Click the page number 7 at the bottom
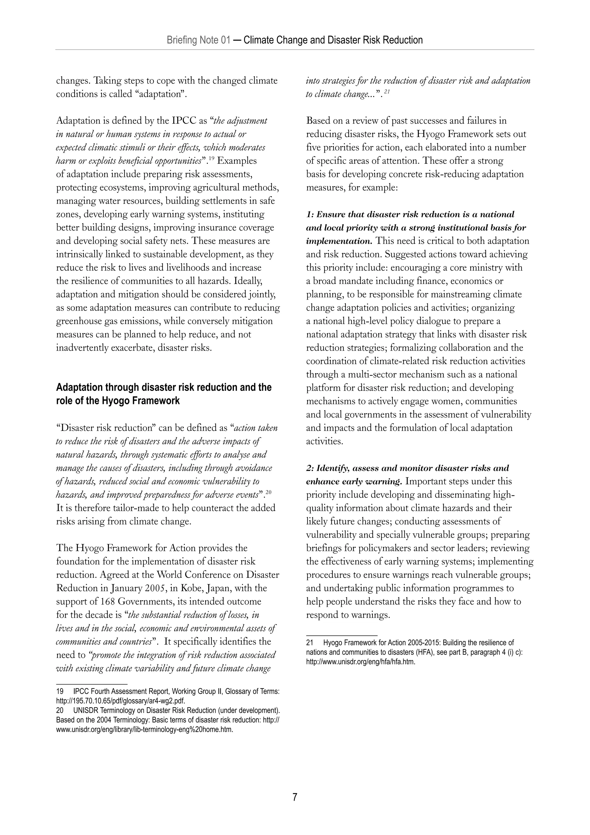coord(295,797)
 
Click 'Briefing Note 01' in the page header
coord(198,40)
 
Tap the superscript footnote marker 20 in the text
coord(268,492)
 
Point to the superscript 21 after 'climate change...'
coord(387,92)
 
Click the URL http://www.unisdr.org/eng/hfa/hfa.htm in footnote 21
coord(360,661)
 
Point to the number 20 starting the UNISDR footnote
coord(60,710)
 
